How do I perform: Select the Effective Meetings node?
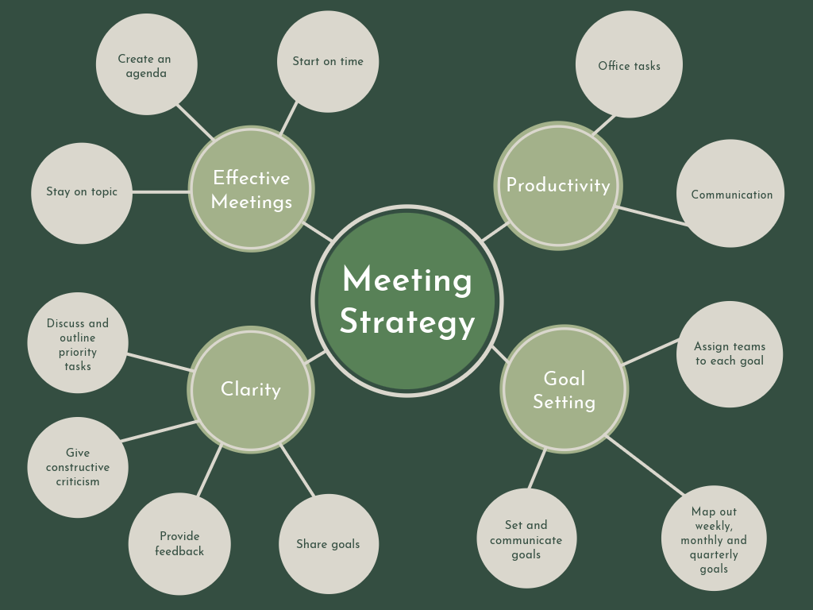[251, 189]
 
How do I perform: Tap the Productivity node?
[558, 185]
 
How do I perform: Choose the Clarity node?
[251, 389]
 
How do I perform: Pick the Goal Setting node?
[564, 389]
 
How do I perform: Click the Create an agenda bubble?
[146, 65]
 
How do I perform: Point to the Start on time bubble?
[327, 61]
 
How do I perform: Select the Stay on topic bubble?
[81, 192]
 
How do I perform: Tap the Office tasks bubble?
[629, 65]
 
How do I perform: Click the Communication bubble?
[730, 194]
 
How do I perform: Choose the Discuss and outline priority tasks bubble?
[78, 344]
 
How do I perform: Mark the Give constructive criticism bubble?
[78, 467]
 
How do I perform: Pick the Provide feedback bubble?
[179, 543]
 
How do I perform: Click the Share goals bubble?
[328, 544]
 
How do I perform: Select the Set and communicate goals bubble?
[526, 539]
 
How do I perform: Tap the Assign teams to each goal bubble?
[729, 353]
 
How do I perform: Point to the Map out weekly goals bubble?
[713, 539]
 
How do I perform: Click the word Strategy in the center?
[407, 322]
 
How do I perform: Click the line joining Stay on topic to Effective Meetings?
[160, 191]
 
